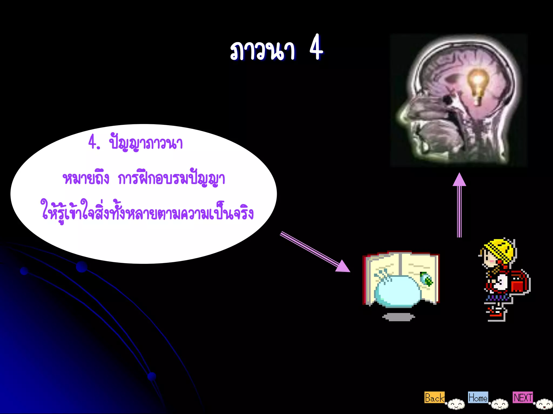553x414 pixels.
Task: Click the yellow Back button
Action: pyautogui.click(x=434, y=398)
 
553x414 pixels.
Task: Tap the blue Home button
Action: pyautogui.click(x=478, y=398)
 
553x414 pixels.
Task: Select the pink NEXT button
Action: pyautogui.click(x=523, y=397)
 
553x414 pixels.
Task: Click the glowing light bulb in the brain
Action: pyautogui.click(x=478, y=84)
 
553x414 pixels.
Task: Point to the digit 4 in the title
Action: pyautogui.click(x=316, y=48)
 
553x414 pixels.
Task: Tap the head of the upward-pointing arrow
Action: pyautogui.click(x=459, y=180)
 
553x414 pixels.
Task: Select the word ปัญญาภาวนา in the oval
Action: pyautogui.click(x=146, y=143)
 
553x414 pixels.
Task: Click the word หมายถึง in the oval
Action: pyautogui.click(x=86, y=178)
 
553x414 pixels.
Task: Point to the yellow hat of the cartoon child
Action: pyautogui.click(x=500, y=249)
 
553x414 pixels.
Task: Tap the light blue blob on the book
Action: pyautogui.click(x=397, y=292)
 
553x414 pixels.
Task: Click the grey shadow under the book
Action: pyautogui.click(x=399, y=317)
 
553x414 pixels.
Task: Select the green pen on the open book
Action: pyautogui.click(x=427, y=279)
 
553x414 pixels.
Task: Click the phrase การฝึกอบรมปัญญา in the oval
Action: pyautogui.click(x=171, y=178)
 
